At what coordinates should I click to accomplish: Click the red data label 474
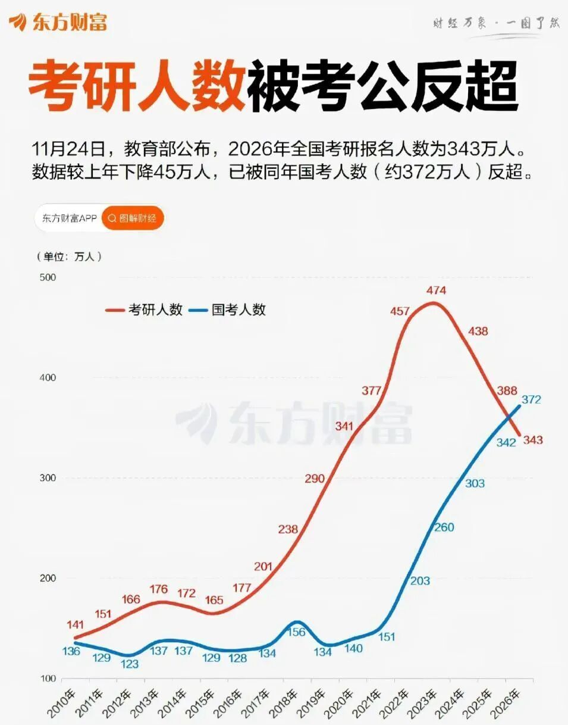pos(436,290)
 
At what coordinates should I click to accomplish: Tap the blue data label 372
pos(531,399)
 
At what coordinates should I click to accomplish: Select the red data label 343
pos(532,440)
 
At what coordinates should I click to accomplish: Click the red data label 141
pos(75,625)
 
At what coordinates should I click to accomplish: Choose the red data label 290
pos(315,479)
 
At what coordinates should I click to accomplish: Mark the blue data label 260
pos(444,527)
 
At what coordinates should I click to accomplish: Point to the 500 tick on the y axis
pos(47,277)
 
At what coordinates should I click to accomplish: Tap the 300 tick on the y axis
pos(47,478)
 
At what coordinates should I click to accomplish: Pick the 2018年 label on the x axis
pos(283,703)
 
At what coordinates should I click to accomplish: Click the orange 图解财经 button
pos(133,218)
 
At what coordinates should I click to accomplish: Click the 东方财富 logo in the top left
pos(58,22)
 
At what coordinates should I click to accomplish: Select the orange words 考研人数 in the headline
pos(137,89)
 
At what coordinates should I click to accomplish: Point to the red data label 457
pos(400,311)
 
